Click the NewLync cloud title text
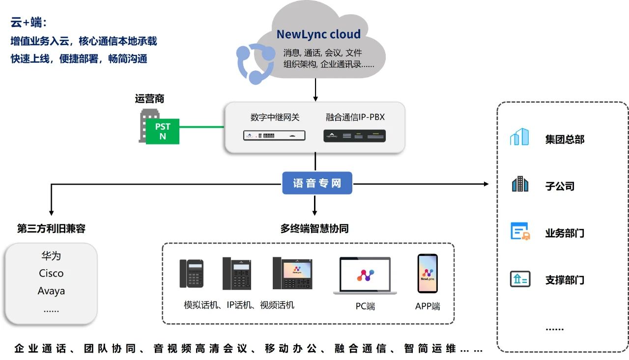pos(318,34)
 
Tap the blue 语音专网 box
pos(317,184)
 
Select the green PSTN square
pos(163,131)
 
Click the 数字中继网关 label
pos(275,117)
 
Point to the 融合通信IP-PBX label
pos(355,117)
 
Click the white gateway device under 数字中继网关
pos(274,136)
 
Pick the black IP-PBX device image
pos(354,136)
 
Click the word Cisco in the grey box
pos(51,274)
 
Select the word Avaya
pos(51,291)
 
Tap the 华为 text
pos(51,256)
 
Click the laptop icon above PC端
pos(365,276)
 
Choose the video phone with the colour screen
pos(292,273)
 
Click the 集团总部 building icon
pos(519,137)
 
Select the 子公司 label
pos(559,187)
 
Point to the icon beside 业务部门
pos(519,231)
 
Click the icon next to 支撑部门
pos(519,279)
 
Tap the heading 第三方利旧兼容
pos(51,229)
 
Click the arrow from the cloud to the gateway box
pos(315,91)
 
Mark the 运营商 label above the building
pos(149,99)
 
